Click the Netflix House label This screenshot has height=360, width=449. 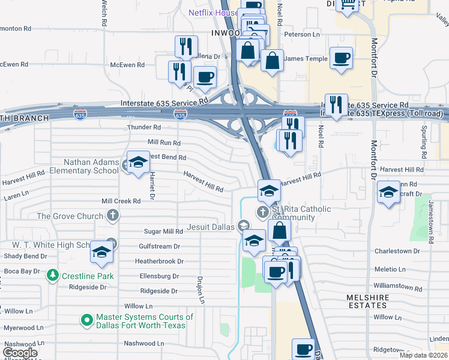(213, 12)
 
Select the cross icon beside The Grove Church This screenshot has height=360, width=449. (112, 215)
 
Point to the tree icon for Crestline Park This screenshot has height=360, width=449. (53, 275)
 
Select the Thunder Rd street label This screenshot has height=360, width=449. (144, 128)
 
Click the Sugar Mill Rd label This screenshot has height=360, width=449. (163, 232)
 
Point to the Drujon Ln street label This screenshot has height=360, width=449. (201, 289)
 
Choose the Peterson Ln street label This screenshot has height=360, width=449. (303, 35)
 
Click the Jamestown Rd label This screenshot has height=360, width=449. (430, 222)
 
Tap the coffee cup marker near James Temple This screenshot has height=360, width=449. (341, 58)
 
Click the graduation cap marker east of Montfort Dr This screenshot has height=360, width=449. (388, 193)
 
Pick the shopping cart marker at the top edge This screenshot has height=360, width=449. (347, 4)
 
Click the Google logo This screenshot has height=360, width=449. (20, 353)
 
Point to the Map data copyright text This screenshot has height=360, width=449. (423, 355)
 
